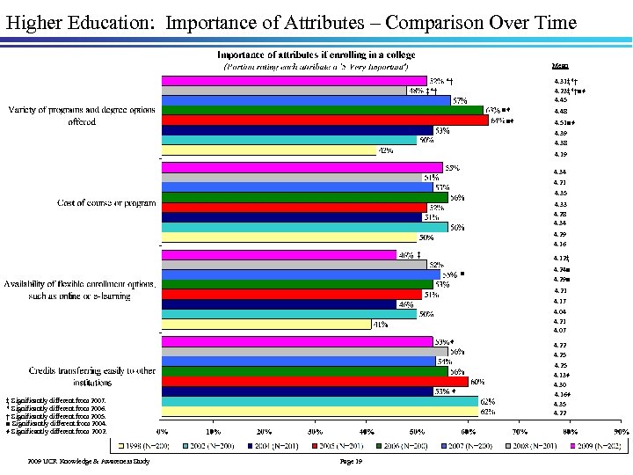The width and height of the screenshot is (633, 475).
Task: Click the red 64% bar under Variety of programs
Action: (x=325, y=121)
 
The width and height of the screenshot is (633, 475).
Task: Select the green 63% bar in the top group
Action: (x=323, y=110)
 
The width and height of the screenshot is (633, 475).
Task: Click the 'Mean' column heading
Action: (x=559, y=65)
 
